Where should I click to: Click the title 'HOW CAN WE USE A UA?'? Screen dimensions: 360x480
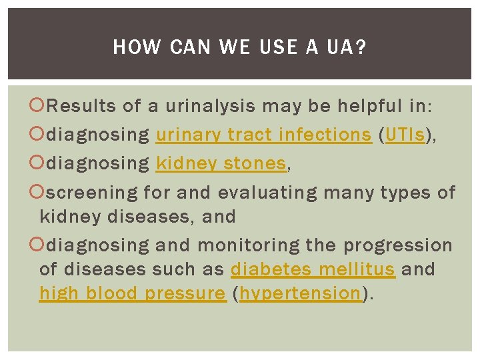[239, 47]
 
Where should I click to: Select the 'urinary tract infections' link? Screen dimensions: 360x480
[263, 135]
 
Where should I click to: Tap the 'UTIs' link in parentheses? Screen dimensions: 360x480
[404, 135]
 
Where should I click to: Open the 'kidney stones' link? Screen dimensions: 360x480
[221, 164]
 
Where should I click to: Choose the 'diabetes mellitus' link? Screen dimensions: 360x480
[313, 269]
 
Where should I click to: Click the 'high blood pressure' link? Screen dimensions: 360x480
[133, 293]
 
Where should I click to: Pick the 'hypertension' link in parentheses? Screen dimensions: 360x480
[300, 293]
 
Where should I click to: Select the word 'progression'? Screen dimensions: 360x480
[397, 245]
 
